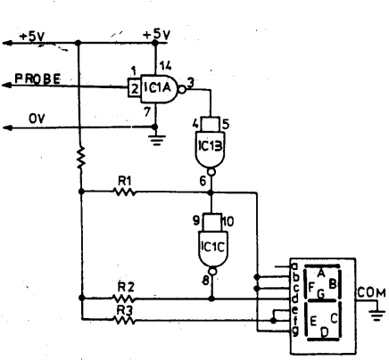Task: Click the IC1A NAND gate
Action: tap(158, 88)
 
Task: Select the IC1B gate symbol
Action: tap(211, 146)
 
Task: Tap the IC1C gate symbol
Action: tap(212, 245)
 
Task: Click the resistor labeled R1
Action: tap(125, 192)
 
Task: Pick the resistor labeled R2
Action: tap(124, 298)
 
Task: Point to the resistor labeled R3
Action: tap(124, 320)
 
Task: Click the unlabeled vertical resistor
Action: tap(80, 157)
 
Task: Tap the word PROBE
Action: tap(37, 78)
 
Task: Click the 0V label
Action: tap(37, 119)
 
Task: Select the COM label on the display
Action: tap(371, 292)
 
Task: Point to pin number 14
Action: tap(165, 66)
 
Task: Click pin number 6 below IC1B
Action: tap(203, 181)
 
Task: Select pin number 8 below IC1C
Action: tap(206, 281)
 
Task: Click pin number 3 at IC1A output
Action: tap(191, 83)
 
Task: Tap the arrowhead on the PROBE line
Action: tap(7, 86)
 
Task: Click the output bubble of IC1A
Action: tap(182, 89)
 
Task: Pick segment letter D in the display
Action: tap(324, 332)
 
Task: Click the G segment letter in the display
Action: tap(321, 294)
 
